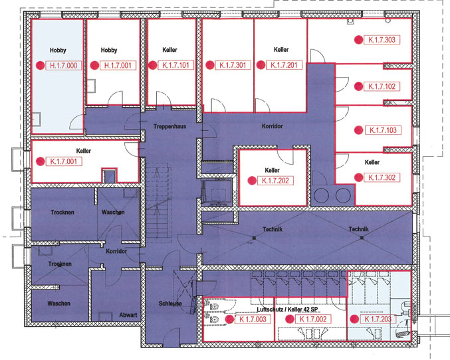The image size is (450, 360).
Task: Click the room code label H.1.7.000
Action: pyautogui.click(x=63, y=65)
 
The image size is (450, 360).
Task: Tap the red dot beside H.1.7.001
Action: pyautogui.click(x=94, y=65)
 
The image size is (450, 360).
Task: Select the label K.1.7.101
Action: pyautogui.click(x=175, y=65)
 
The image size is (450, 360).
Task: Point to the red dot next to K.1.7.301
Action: pyautogui.click(x=210, y=65)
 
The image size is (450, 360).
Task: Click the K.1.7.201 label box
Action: pyautogui.click(x=284, y=65)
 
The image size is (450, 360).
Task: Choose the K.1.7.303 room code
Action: pyautogui.click(x=382, y=40)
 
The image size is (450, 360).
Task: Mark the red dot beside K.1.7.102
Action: pyautogui.click(x=358, y=86)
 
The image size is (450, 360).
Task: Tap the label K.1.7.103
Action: pyautogui.click(x=383, y=130)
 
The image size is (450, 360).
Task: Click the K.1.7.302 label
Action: pyautogui.click(x=382, y=177)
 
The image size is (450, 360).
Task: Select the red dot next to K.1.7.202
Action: pyautogui.click(x=252, y=181)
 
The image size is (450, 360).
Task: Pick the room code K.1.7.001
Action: pyautogui.click(x=64, y=161)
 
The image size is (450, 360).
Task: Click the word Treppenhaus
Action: pyautogui.click(x=169, y=126)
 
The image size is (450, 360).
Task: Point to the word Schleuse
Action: pyautogui.click(x=170, y=303)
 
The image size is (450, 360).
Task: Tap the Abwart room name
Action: pyautogui.click(x=128, y=315)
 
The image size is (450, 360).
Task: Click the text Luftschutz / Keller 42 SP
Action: pyautogui.click(x=287, y=310)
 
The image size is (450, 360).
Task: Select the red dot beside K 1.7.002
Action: pyautogui.click(x=290, y=319)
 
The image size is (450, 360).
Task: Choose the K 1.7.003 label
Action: pyautogui.click(x=253, y=319)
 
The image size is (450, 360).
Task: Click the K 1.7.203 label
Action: pyautogui.click(x=378, y=319)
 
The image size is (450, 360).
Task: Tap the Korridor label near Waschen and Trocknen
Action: pyautogui.click(x=116, y=251)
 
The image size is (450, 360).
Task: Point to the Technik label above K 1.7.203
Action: pyautogui.click(x=359, y=229)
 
